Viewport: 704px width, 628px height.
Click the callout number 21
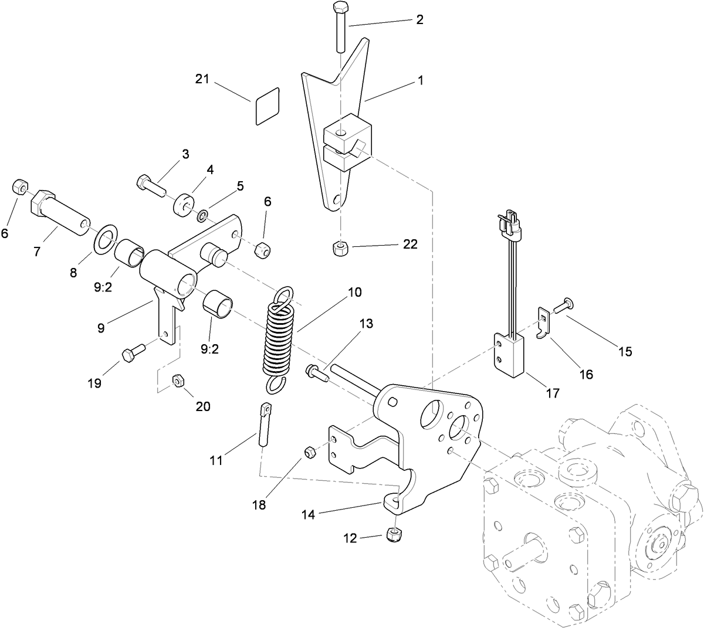[x=203, y=79]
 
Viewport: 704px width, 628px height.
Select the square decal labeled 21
[x=267, y=106]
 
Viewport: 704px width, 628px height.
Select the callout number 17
[x=552, y=392]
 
